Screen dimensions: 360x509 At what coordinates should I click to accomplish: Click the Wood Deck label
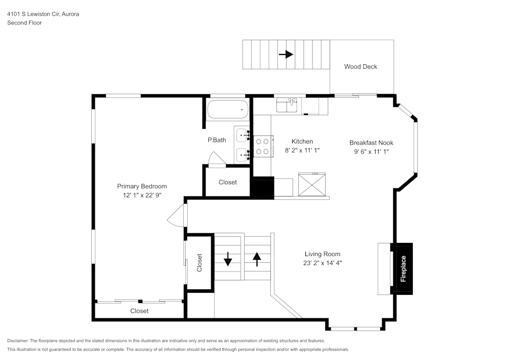360,67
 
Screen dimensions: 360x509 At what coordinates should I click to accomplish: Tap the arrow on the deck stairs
286,54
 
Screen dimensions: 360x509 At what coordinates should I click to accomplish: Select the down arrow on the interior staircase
228,260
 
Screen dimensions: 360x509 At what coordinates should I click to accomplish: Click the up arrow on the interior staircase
257,259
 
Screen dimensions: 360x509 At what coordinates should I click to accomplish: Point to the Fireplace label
403,269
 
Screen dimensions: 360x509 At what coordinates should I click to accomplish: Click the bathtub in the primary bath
228,109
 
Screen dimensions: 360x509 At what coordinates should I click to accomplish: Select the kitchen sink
289,105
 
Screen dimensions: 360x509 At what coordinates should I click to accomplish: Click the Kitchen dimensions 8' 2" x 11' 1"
302,150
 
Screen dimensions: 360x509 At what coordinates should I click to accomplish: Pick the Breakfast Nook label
371,143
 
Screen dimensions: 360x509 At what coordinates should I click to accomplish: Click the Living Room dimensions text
322,263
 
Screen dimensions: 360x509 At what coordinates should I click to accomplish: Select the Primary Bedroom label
142,186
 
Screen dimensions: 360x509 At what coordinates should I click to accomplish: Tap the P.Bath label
216,140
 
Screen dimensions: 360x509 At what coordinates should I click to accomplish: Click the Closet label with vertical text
199,263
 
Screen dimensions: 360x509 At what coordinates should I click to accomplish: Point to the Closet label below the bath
228,182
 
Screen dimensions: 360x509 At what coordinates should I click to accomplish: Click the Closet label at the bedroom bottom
139,311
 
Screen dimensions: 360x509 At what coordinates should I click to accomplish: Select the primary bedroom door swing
176,216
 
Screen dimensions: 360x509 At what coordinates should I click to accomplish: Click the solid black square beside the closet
262,187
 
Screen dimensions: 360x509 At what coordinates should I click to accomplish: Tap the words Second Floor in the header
24,23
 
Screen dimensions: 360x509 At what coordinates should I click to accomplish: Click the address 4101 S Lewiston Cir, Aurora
43,14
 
